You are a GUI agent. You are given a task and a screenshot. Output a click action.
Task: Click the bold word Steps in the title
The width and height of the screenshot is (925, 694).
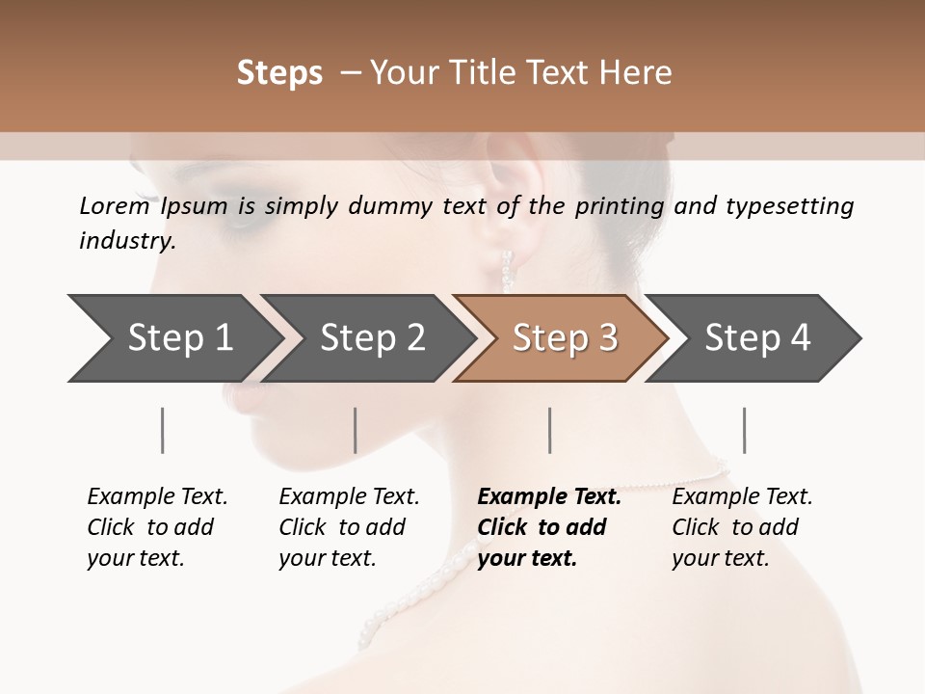tap(279, 73)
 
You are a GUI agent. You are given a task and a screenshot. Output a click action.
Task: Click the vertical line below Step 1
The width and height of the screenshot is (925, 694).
tap(163, 430)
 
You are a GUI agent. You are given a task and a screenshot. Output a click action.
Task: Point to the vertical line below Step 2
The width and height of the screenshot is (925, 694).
tap(356, 430)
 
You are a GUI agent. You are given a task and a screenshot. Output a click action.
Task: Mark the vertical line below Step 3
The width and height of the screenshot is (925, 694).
tap(550, 430)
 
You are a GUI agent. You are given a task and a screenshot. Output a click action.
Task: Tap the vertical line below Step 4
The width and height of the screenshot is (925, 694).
tap(745, 430)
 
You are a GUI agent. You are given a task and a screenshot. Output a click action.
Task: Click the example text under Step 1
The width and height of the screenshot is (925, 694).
tap(157, 527)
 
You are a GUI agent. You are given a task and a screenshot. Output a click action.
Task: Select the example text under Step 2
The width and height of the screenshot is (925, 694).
tap(349, 527)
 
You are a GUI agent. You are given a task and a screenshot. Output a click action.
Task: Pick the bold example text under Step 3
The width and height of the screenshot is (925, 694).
tap(548, 527)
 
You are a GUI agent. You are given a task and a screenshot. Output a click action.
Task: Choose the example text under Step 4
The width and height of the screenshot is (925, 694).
tap(742, 527)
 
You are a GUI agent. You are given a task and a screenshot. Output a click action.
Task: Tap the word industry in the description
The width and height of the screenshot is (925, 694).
tap(126, 241)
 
